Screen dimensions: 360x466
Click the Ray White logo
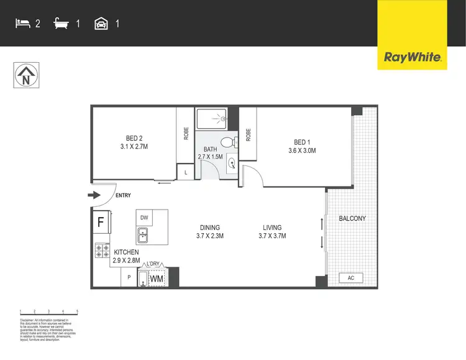pyautogui.click(x=413, y=58)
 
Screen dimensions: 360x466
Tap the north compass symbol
pyautogui.click(x=25, y=76)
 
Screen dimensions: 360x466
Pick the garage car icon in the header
pyautogui.click(x=101, y=24)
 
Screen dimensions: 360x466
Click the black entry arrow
pyautogui.click(x=94, y=195)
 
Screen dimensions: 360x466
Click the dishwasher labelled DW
pyautogui.click(x=144, y=218)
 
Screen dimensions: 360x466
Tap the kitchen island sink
pyautogui.click(x=144, y=235)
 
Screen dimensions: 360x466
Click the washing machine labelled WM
pyautogui.click(x=156, y=279)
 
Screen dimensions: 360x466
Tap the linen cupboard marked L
pyautogui.click(x=185, y=172)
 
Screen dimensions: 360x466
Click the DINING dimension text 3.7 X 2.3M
pyautogui.click(x=209, y=236)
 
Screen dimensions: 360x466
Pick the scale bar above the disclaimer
pyautogui.click(x=48, y=312)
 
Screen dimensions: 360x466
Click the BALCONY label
pyautogui.click(x=352, y=218)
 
